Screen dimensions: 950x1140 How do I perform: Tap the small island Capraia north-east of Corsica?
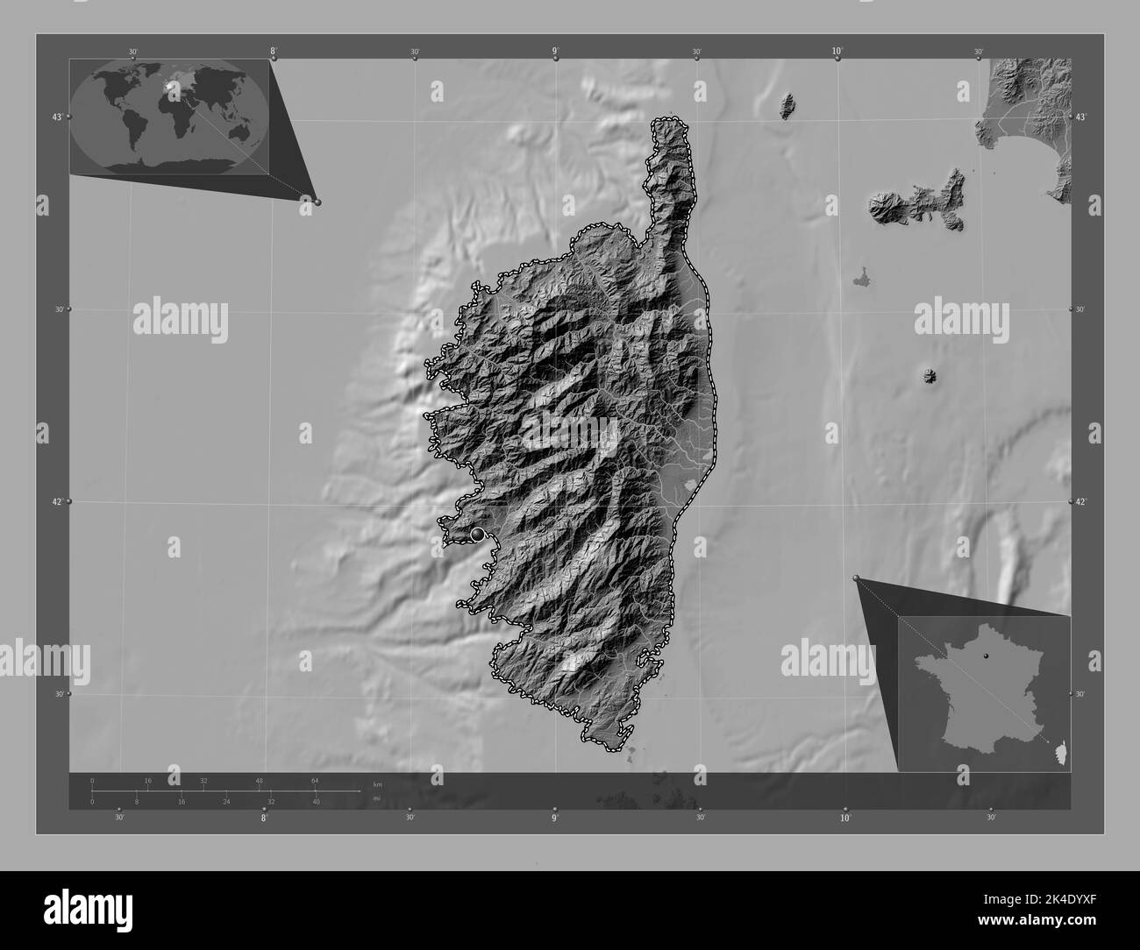pyautogui.click(x=787, y=106)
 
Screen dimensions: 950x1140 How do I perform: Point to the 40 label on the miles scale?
pyautogui.click(x=316, y=801)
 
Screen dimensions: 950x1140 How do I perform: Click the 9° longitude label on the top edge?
pyautogui.click(x=556, y=52)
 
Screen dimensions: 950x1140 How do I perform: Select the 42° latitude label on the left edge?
pyautogui.click(x=57, y=501)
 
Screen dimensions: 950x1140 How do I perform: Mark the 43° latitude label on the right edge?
pyautogui.click(x=1081, y=117)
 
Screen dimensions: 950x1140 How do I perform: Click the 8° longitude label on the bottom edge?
pyautogui.click(x=263, y=819)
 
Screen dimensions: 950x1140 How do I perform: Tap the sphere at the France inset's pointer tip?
pyautogui.click(x=856, y=578)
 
